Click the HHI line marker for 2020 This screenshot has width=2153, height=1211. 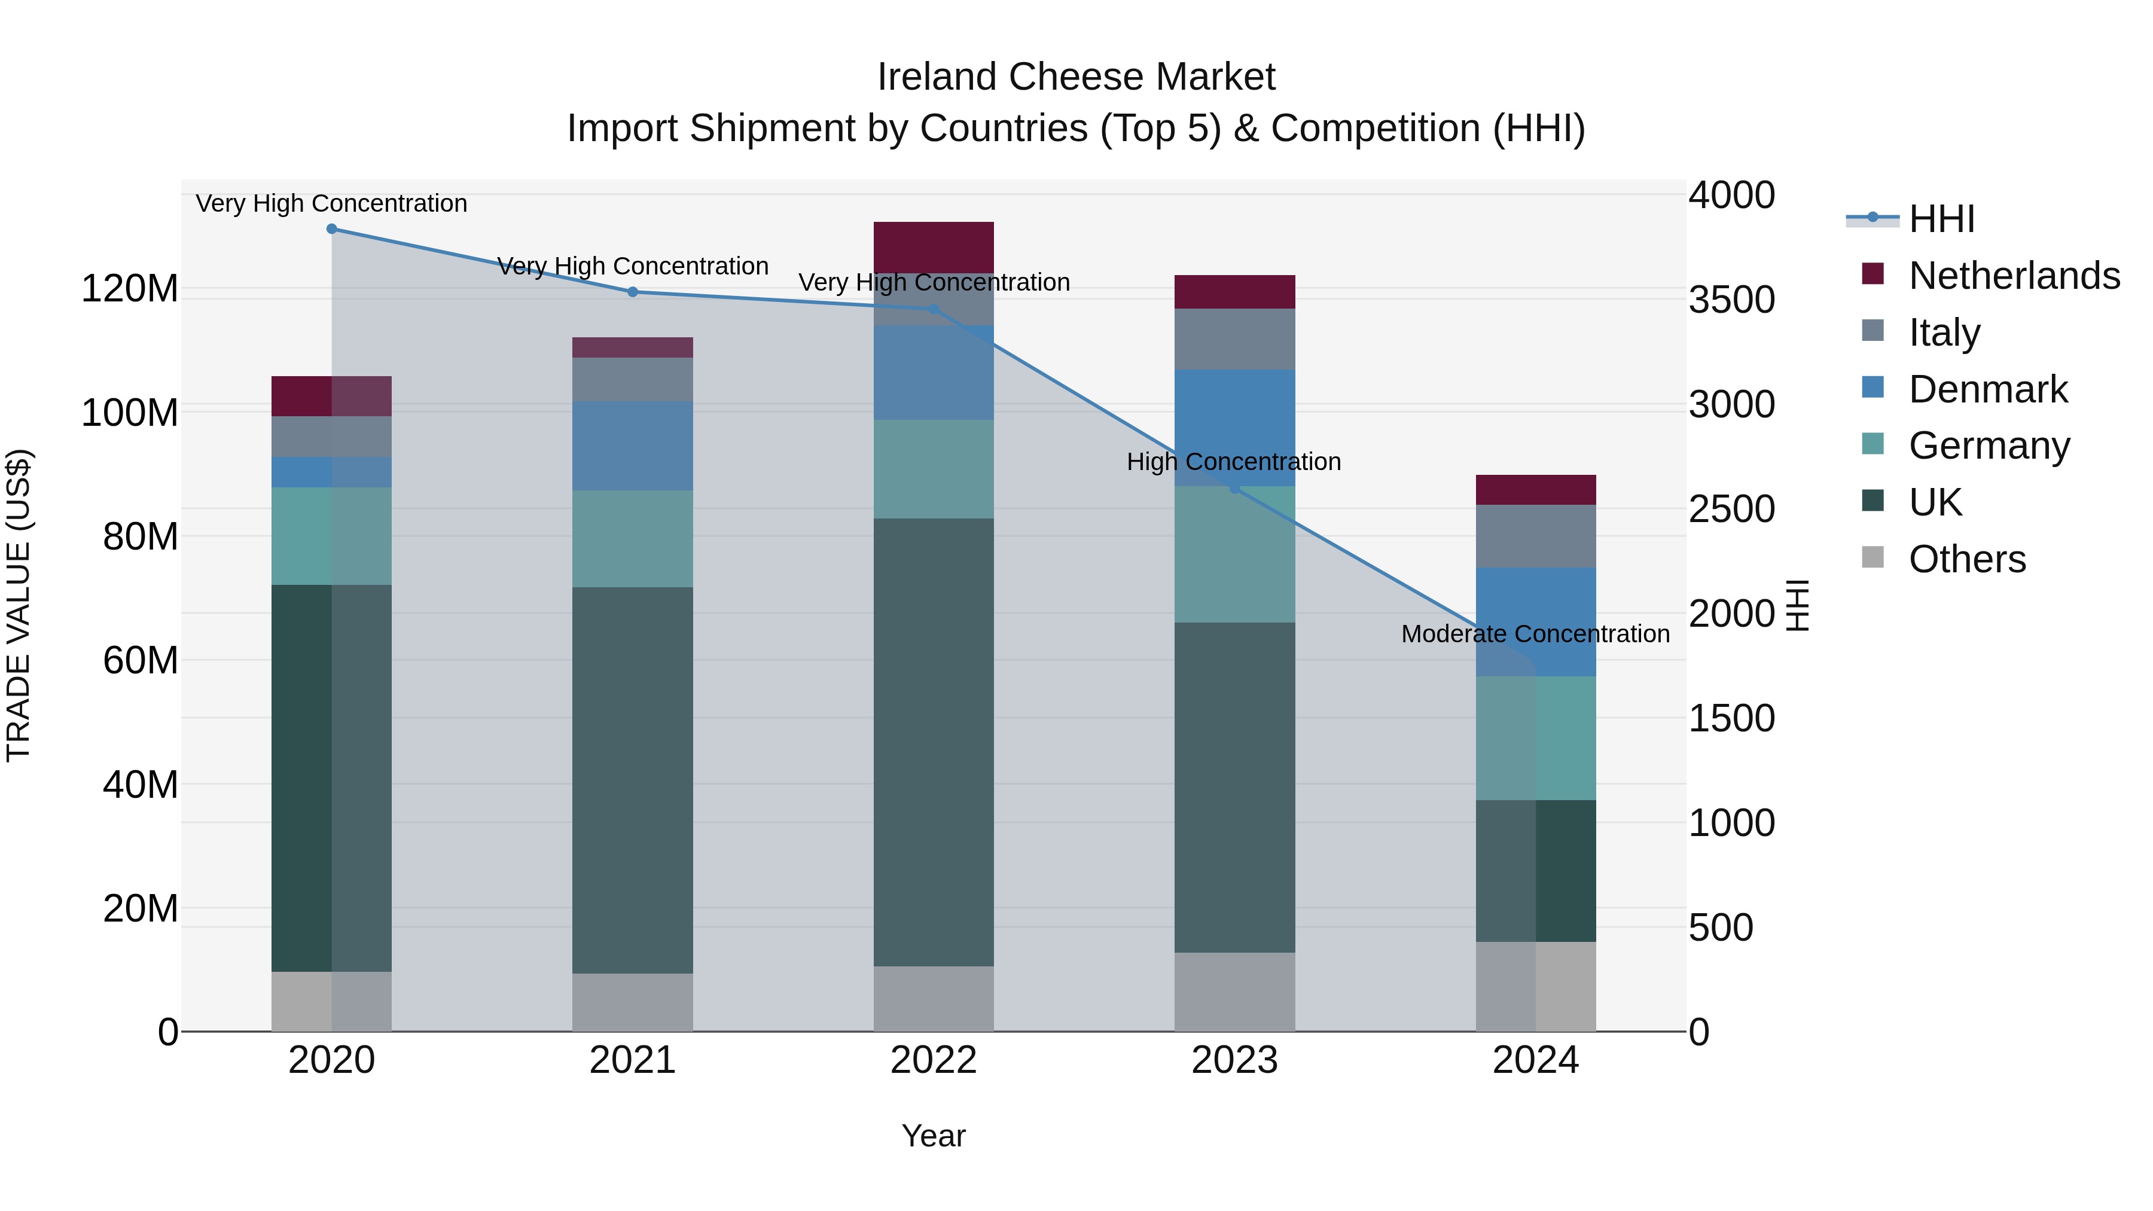tap(332, 228)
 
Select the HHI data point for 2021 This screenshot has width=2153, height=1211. tap(633, 292)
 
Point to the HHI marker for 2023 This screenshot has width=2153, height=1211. tap(1234, 488)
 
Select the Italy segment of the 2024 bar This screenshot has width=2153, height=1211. tap(1535, 536)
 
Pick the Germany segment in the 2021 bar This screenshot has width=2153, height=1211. tap(633, 538)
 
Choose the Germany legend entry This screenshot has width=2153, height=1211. tap(1989, 446)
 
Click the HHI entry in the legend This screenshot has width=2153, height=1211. tap(1941, 219)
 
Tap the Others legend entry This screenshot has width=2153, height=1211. tap(1966, 559)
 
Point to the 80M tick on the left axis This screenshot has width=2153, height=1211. tap(141, 536)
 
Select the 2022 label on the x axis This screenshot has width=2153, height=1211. tap(934, 1060)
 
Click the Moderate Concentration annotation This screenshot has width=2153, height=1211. tap(1535, 635)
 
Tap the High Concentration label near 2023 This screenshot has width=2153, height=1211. tap(1234, 462)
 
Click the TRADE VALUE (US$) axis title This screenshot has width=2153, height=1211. tap(19, 605)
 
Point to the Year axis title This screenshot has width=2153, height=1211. tap(934, 1136)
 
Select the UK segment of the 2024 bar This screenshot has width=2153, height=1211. tap(1535, 870)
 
